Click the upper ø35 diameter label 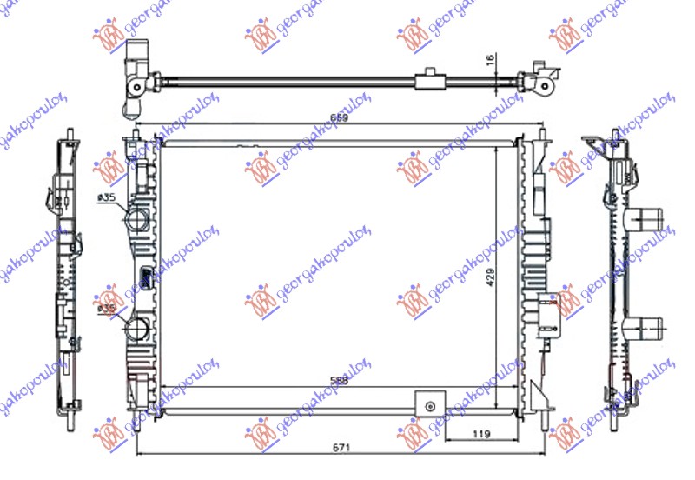click(x=107, y=199)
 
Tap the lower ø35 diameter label click(x=107, y=309)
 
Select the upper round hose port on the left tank click(x=137, y=219)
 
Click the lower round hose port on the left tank click(x=137, y=330)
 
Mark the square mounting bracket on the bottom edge click(x=427, y=403)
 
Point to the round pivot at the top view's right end click(x=542, y=85)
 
